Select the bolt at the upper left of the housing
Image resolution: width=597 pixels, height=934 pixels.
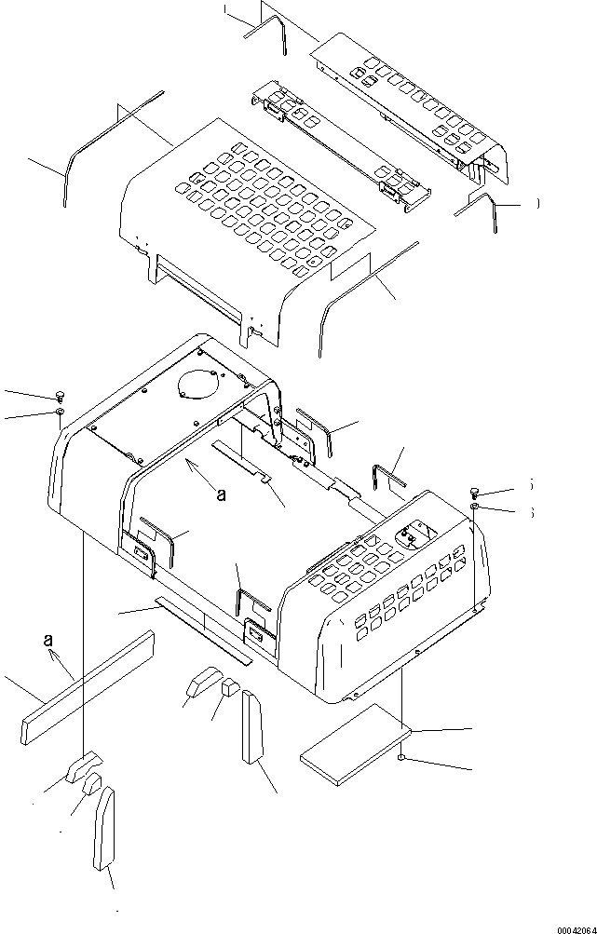tap(59, 395)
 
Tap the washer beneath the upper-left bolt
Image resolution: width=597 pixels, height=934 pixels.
tap(60, 411)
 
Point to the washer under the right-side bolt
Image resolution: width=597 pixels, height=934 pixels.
tap(475, 508)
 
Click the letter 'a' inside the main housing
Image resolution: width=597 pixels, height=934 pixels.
tap(221, 495)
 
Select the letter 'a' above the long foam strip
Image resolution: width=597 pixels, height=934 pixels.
tap(47, 640)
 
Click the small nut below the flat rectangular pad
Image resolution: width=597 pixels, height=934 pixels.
tap(401, 759)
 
